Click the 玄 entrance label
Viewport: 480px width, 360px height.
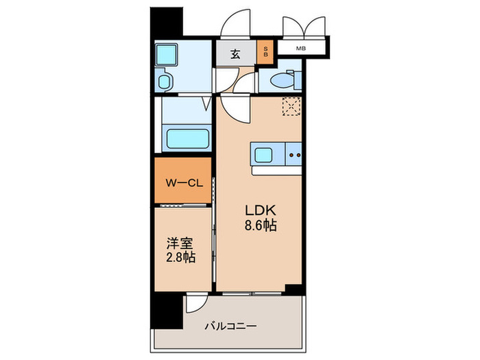pos(235,55)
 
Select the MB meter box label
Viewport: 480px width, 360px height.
pos(300,48)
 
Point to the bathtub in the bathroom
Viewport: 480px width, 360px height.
pos(187,137)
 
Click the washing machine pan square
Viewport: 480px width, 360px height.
pos(165,54)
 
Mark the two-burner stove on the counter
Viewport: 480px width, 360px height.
pos(295,155)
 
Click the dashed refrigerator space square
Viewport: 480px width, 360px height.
pos(291,106)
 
